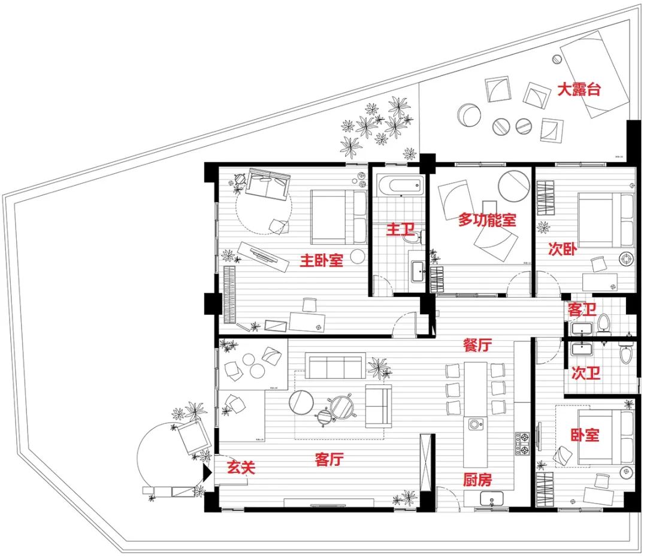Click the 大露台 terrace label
coord(579,90)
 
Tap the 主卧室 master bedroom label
coord(321,260)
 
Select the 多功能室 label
coord(487,220)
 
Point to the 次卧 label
coord(563,248)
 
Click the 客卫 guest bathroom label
coord(582,310)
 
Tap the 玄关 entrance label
coord(241,467)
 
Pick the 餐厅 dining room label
coord(477,345)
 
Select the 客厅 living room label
coord(329,459)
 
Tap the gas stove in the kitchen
coord(522,443)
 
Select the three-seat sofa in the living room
coord(335,366)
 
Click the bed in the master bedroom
coord(338,216)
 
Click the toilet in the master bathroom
coord(412,238)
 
